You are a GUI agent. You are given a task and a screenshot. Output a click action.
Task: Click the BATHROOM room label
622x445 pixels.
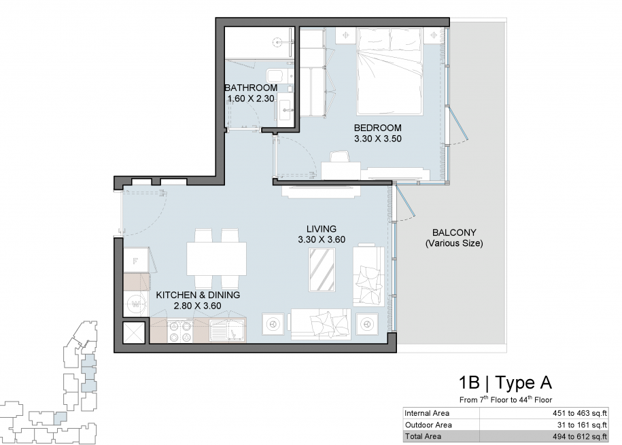[251, 88]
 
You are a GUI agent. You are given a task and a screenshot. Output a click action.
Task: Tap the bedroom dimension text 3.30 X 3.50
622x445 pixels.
[378, 139]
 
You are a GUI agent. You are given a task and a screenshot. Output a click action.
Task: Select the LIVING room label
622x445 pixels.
[322, 229]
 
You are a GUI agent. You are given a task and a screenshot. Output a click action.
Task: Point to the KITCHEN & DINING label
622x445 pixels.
[198, 295]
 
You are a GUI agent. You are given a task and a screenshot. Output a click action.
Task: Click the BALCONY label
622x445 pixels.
[454, 232]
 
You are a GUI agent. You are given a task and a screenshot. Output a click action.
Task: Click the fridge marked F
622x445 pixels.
[136, 261]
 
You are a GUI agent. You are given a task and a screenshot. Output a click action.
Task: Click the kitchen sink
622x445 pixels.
[228, 331]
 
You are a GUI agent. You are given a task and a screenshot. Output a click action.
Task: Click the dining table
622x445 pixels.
[217, 259]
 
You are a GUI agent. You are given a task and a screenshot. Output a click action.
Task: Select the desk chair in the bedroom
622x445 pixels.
[340, 156]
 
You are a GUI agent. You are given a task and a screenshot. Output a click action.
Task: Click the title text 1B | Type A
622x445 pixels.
[505, 382]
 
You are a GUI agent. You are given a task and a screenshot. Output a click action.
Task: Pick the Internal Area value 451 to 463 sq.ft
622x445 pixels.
[580, 413]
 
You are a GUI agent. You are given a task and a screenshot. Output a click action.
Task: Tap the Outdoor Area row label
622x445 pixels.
[428, 425]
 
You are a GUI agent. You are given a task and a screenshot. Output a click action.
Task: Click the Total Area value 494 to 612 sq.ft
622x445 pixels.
[580, 437]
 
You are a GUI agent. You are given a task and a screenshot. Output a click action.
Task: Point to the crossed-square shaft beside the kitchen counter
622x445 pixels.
[135, 332]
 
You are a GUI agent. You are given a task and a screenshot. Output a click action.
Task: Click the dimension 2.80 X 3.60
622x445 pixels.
[198, 306]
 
